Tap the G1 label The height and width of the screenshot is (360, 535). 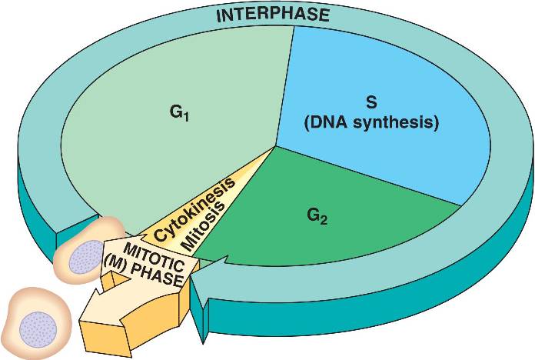click(x=178, y=114)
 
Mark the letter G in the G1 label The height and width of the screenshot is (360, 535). click(x=174, y=113)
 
